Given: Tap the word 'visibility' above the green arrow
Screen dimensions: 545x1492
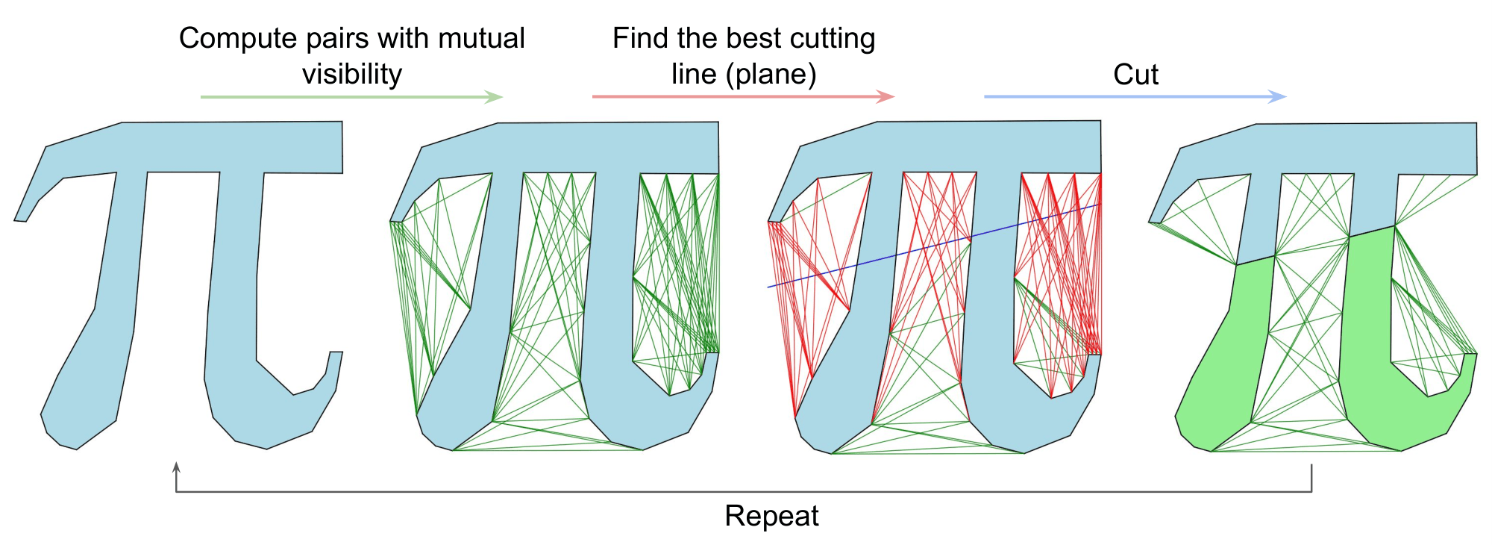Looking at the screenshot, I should point(351,75).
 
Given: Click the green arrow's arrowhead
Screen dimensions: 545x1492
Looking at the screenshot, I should point(495,97).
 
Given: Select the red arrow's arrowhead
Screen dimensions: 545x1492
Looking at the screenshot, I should point(886,96).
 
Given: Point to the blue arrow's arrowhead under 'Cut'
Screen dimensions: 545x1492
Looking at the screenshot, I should point(1278,96).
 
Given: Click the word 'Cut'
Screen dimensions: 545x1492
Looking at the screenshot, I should point(1135,75).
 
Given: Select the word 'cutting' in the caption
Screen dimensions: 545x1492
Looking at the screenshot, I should point(830,39).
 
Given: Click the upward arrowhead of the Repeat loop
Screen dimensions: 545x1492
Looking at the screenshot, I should point(176,467).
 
